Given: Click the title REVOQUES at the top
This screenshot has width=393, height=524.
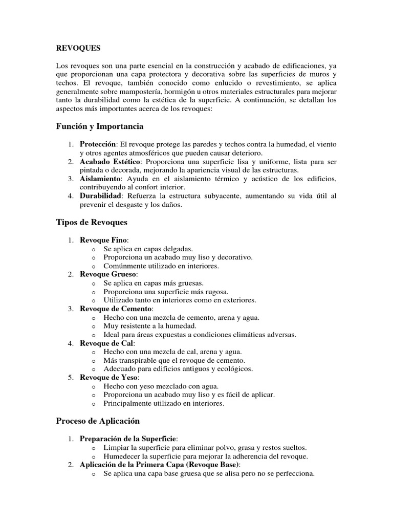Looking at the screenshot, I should coord(78,48).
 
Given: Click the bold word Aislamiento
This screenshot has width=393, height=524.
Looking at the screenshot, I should coord(100,179).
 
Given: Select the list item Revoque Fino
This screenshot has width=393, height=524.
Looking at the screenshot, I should coord(104,239).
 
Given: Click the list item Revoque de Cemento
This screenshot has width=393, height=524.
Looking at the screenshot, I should coord(116,309).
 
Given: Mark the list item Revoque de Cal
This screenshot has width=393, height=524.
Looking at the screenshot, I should coord(106,343).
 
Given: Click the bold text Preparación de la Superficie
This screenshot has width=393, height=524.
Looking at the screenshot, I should coord(128,439).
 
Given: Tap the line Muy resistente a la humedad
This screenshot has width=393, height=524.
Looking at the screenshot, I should coord(150,326).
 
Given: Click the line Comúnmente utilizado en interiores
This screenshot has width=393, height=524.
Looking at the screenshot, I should coord(161,266).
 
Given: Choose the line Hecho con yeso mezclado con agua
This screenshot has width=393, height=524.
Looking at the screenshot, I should coord(161,386).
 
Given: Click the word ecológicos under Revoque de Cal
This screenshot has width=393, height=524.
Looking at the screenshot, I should coord(234,368).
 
